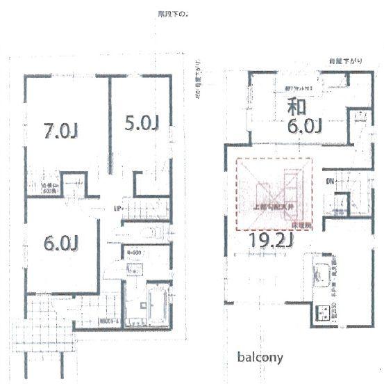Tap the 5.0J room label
pyautogui.click(x=143, y=123)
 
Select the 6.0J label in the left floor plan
pyautogui.click(x=59, y=243)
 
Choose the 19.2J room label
pyautogui.click(x=268, y=241)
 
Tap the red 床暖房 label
pyautogui.click(x=301, y=225)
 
